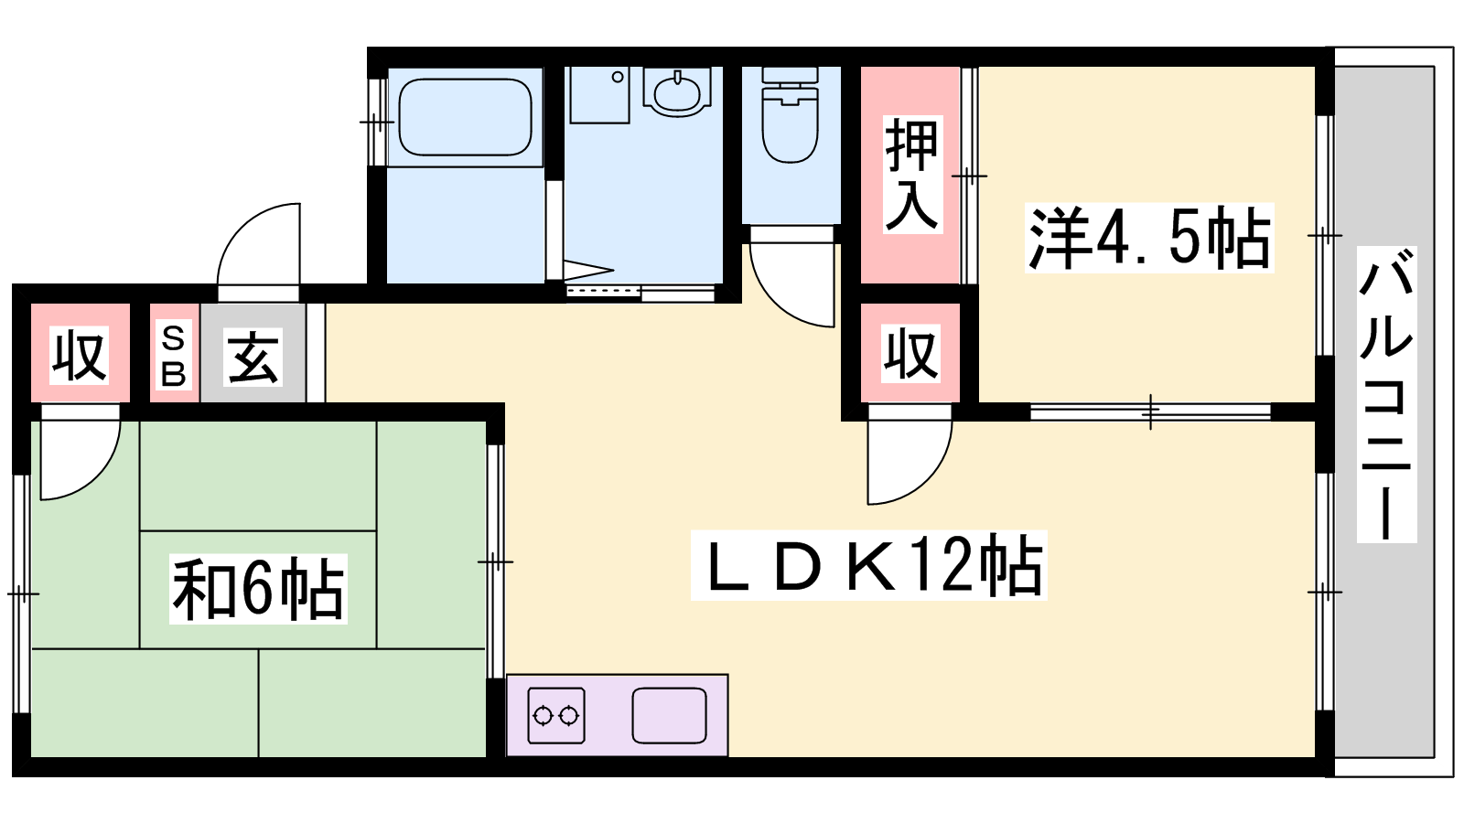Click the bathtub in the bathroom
click(465, 117)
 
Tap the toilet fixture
click(791, 115)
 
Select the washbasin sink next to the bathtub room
click(677, 92)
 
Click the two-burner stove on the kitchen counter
click(556, 716)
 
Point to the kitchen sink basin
click(669, 716)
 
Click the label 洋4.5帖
click(1149, 238)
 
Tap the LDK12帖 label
click(868, 566)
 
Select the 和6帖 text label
click(258, 589)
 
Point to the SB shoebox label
click(173, 356)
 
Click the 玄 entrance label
click(253, 357)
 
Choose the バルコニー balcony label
click(1386, 394)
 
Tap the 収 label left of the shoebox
click(79, 356)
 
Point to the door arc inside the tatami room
click(97, 476)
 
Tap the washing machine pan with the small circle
click(599, 95)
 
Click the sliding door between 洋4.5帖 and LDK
click(1150, 412)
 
